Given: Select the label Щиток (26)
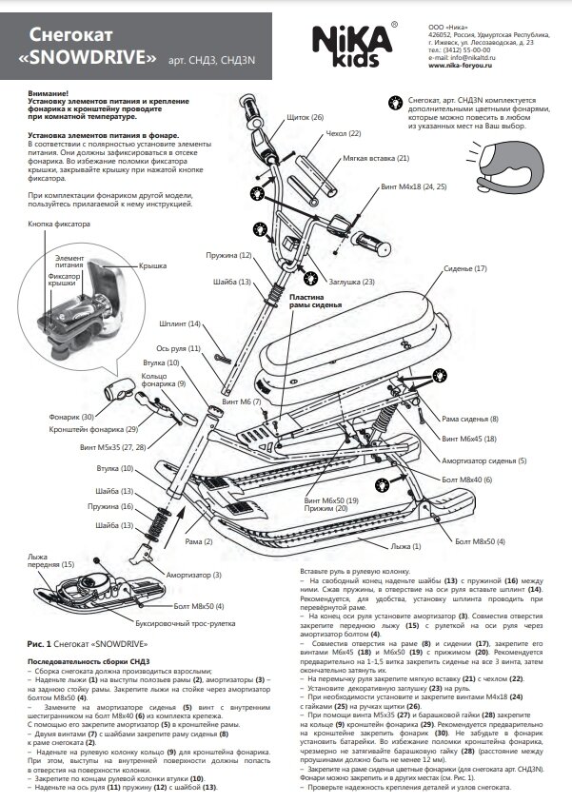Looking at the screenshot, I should [305, 117].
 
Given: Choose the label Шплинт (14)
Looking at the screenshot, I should [180, 324].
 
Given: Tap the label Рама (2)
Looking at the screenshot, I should [199, 541].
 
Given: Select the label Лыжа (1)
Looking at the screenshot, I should [405, 546].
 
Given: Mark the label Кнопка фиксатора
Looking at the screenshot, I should [59, 225].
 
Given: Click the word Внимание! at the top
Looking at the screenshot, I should [48, 92].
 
